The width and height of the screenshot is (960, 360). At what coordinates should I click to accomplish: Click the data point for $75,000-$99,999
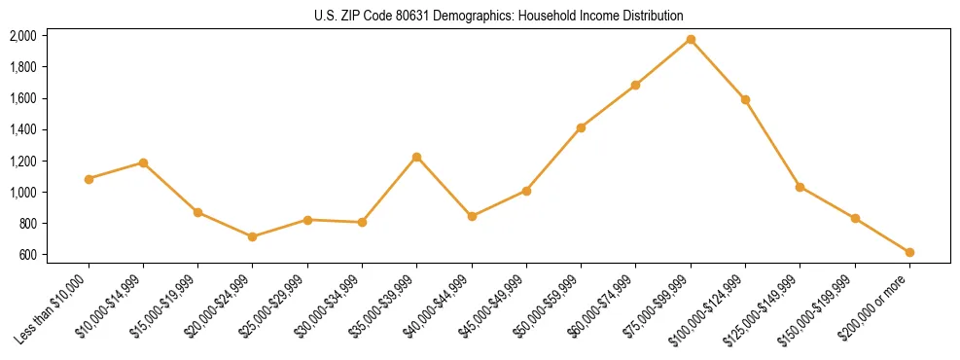click(691, 39)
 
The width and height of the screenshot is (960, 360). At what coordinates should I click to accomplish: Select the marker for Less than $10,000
click(89, 179)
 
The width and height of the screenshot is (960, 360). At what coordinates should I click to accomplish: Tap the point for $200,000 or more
click(909, 252)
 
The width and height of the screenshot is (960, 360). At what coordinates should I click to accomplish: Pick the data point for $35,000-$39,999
click(417, 157)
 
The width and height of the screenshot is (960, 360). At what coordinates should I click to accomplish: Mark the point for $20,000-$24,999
click(253, 236)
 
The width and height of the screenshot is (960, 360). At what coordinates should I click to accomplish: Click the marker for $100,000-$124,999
click(745, 99)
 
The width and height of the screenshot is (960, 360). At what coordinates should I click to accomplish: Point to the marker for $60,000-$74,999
click(636, 85)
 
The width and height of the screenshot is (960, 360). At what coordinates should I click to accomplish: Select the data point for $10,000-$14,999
click(143, 162)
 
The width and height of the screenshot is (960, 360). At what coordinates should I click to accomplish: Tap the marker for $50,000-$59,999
click(581, 127)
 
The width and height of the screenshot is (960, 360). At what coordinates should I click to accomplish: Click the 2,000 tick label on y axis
click(22, 36)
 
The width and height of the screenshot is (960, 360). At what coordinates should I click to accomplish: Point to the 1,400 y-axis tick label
click(22, 129)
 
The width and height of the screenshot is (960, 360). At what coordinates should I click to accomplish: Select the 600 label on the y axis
click(27, 255)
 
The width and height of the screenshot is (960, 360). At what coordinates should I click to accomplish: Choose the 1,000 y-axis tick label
click(22, 193)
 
